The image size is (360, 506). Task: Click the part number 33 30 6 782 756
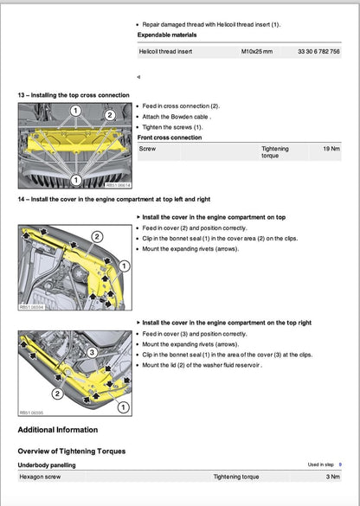click(318, 53)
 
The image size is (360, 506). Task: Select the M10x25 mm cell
click(256, 53)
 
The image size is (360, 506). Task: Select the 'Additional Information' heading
click(58, 430)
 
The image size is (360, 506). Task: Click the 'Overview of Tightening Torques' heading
click(72, 452)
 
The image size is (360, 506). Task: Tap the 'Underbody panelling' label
click(49, 464)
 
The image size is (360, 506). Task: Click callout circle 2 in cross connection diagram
click(110, 114)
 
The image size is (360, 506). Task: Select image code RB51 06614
click(119, 184)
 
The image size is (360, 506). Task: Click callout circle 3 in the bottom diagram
click(92, 353)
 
